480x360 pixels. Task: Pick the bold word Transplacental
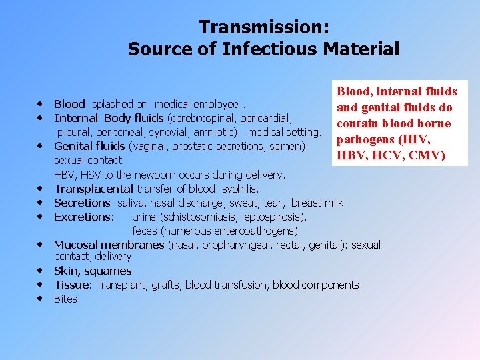[x=93, y=189]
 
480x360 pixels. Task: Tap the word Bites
[x=65, y=299]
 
